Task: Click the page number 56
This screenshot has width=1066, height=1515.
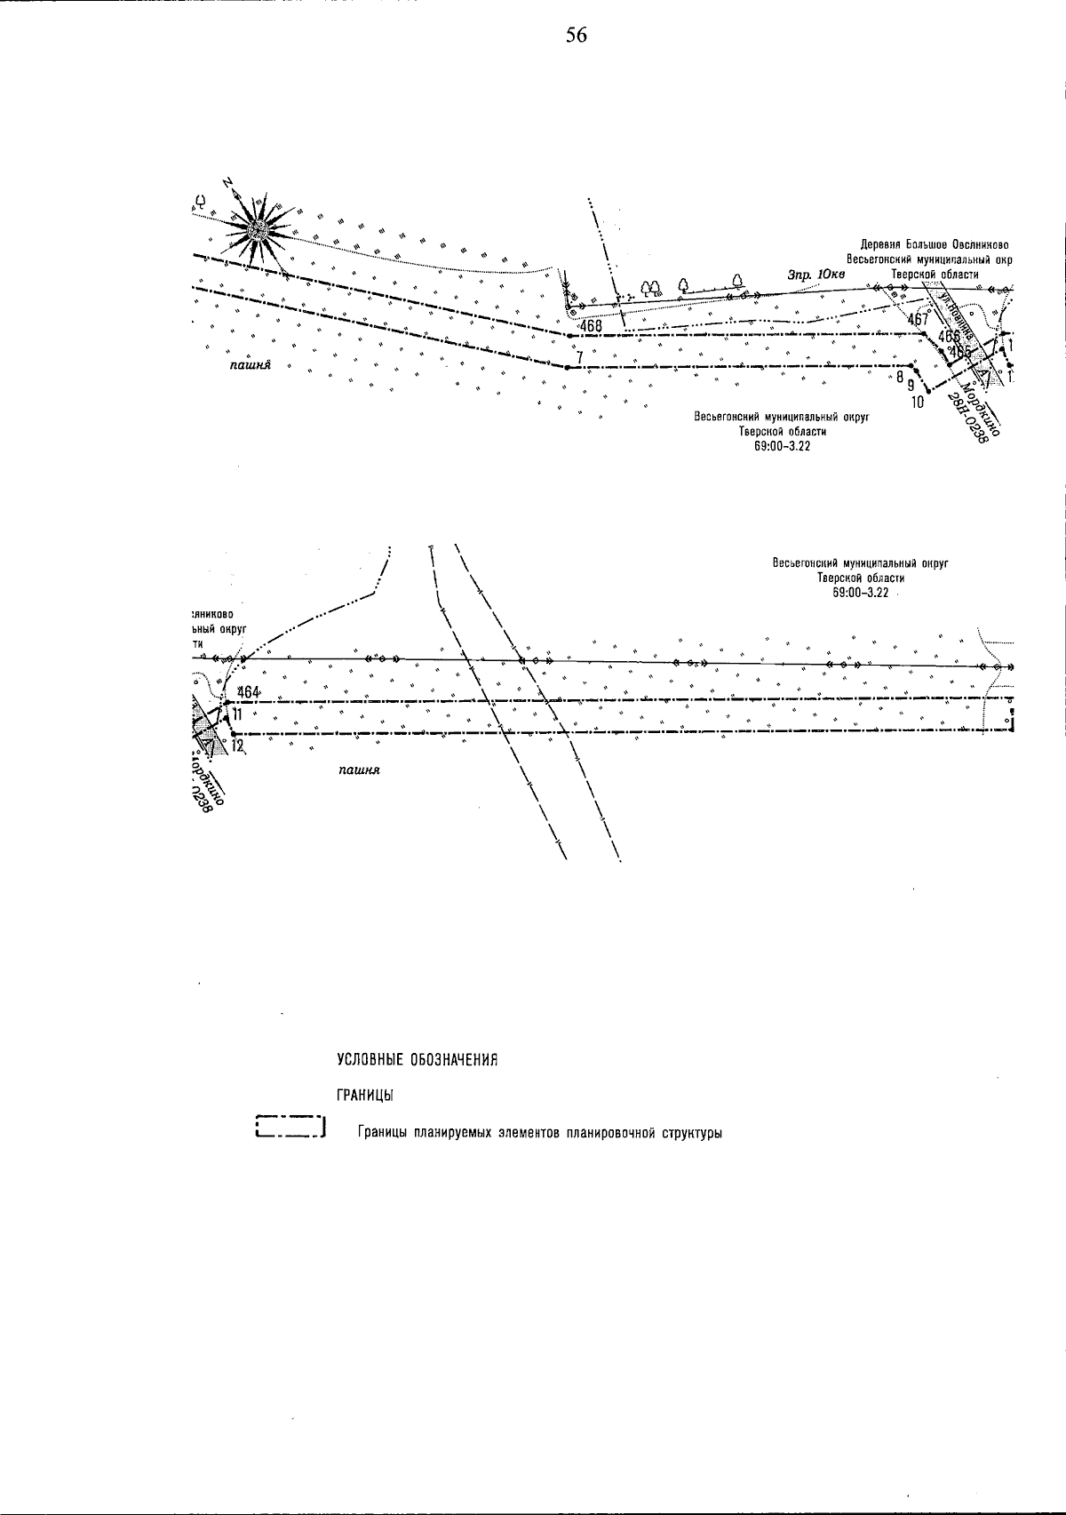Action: pos(576,36)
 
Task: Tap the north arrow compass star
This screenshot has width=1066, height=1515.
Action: pos(259,228)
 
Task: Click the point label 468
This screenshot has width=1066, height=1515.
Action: pos(590,326)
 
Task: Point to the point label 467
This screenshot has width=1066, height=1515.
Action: pos(918,319)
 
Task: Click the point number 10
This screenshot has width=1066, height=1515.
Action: pos(918,402)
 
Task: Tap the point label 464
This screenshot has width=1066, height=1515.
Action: pos(248,692)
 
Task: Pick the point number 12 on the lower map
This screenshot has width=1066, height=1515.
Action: pos(236,746)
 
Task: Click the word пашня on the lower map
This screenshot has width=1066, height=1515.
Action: pos(359,769)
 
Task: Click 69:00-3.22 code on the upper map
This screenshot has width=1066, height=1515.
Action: pos(782,447)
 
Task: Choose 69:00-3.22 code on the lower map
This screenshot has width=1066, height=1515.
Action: pos(861,593)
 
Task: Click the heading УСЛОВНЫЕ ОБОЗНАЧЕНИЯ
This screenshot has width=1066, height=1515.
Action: pos(416,1060)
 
